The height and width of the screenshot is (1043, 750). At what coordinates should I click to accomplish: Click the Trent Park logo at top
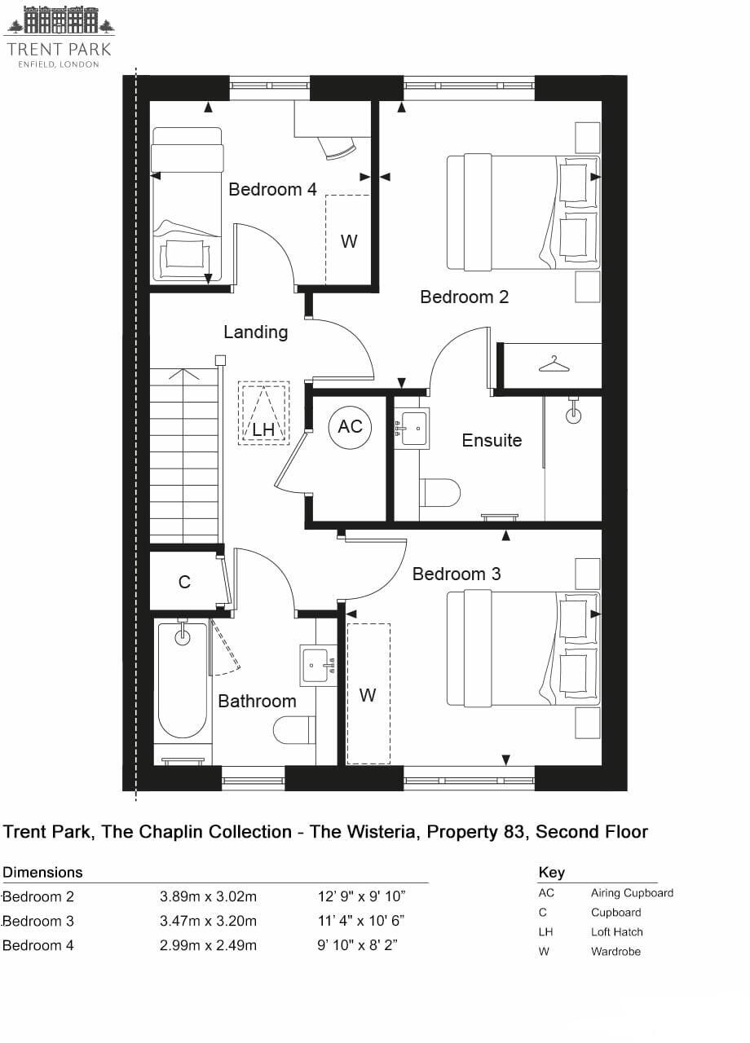(x=59, y=37)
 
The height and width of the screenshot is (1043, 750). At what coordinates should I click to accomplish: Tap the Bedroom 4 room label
(x=272, y=189)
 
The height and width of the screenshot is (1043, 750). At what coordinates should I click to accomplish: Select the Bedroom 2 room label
(x=464, y=297)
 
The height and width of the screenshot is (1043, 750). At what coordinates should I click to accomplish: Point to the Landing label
(x=255, y=332)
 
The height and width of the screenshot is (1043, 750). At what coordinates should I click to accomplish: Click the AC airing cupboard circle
(x=350, y=427)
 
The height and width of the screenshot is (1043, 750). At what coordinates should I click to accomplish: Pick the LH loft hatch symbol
(x=263, y=413)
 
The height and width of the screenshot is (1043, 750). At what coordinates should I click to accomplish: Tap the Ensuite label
(x=492, y=440)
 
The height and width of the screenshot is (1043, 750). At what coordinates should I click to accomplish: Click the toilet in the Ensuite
(x=440, y=493)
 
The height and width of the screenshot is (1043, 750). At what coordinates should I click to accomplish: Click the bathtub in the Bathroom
(x=183, y=680)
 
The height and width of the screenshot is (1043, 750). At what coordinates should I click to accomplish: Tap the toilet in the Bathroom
(x=294, y=729)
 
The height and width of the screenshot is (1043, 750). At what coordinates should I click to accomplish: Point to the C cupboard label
(x=184, y=582)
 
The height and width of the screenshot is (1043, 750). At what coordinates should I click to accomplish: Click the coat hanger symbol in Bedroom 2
(x=554, y=363)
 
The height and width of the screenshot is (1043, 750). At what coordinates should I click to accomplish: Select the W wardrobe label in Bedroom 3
(x=368, y=695)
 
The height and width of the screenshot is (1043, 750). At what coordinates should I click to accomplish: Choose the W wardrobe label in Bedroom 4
(x=349, y=241)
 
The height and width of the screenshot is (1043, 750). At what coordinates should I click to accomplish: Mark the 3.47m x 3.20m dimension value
(x=208, y=921)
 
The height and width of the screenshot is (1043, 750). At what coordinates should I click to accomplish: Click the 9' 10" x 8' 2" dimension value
(x=361, y=945)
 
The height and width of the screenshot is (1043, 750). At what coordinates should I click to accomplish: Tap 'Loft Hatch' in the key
(x=616, y=931)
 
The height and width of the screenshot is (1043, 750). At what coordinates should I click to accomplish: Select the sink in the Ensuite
(x=412, y=427)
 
